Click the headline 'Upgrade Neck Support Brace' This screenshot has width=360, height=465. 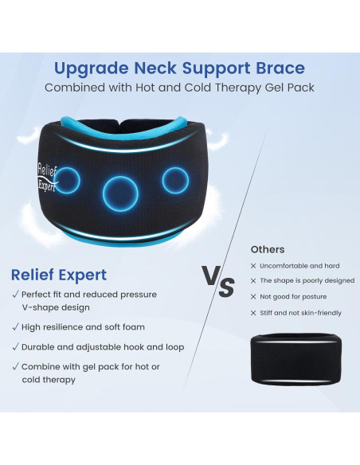179,68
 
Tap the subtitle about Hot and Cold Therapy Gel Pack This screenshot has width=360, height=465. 179,87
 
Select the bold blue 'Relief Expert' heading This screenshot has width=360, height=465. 59,275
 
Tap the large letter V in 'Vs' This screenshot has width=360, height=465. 210,278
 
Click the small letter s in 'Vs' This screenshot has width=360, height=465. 227,286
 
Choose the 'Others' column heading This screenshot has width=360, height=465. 267,249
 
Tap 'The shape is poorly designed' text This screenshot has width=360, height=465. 307,280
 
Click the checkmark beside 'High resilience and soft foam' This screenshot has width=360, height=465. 15,326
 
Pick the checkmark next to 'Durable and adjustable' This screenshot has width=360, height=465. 15,346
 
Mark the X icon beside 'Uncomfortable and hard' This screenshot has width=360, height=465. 253,266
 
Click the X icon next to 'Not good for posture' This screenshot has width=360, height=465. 253,295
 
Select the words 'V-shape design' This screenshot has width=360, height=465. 57,307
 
